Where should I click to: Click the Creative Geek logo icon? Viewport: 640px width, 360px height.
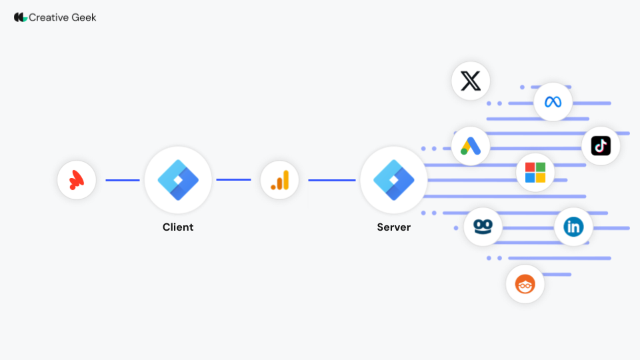pyautogui.click(x=21, y=17)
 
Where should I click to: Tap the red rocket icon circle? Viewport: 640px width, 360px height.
pyautogui.click(x=77, y=180)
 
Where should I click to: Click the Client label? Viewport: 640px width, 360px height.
pyautogui.click(x=178, y=227)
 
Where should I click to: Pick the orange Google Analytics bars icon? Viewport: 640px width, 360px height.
pyautogui.click(x=280, y=180)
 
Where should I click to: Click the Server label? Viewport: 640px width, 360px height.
pyautogui.click(x=394, y=227)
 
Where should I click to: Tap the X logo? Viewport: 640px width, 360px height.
pyautogui.click(x=471, y=81)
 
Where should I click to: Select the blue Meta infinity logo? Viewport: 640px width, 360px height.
pyautogui.click(x=553, y=102)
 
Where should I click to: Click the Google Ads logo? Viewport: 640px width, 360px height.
pyautogui.click(x=471, y=147)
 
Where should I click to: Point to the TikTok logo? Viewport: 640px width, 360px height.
pyautogui.click(x=601, y=146)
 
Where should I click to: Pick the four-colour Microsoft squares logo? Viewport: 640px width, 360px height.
pyautogui.click(x=535, y=173)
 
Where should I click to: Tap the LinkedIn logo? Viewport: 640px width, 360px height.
pyautogui.click(x=573, y=227)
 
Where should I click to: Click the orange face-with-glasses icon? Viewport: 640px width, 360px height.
pyautogui.click(x=525, y=284)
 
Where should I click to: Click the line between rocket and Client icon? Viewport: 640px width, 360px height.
pyautogui.click(x=123, y=180)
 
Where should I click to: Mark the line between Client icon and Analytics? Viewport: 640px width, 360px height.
pyautogui.click(x=233, y=179)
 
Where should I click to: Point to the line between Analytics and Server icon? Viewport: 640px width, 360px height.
pyautogui.click(x=331, y=180)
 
